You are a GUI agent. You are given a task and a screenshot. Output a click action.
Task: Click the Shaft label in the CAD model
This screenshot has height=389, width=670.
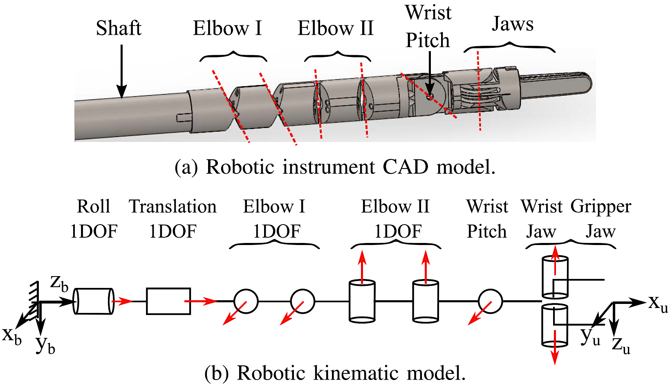[119, 29]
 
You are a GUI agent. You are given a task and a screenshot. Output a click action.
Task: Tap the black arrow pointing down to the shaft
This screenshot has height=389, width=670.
[121, 72]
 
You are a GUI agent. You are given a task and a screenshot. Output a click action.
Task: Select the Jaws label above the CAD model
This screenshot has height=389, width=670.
[513, 24]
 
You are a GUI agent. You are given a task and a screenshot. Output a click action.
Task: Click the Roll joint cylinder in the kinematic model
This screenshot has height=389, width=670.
[94, 301]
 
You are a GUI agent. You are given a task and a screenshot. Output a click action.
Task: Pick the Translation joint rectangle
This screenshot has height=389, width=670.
[168, 301]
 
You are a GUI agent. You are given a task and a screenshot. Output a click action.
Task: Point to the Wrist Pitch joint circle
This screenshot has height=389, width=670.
[490, 301]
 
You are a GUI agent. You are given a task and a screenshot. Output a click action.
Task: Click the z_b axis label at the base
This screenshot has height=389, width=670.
[59, 283]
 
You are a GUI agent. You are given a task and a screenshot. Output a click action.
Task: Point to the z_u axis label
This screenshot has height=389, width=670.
[621, 345]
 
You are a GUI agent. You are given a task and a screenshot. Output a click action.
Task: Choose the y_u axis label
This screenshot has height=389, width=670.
[590, 336]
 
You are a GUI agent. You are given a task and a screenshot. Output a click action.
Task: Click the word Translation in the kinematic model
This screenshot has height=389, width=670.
[173, 207]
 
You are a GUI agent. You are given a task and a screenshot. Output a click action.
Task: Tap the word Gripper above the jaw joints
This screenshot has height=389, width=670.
[601, 207]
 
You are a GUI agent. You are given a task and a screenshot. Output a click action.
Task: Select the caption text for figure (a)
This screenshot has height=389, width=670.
[335, 167]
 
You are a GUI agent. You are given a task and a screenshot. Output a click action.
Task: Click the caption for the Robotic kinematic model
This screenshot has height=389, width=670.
[335, 373]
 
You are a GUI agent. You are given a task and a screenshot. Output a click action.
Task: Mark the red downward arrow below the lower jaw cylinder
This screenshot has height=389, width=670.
[555, 353]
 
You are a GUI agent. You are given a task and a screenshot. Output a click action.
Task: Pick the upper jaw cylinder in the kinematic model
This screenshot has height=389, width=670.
[555, 277]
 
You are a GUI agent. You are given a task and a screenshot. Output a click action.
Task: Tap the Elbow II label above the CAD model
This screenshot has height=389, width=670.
[336, 29]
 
